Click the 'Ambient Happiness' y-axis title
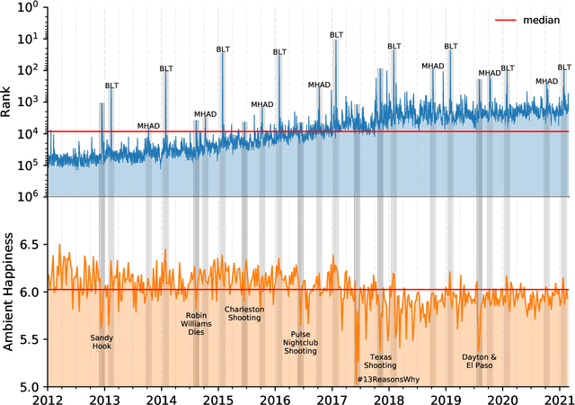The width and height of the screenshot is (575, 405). click(11, 292)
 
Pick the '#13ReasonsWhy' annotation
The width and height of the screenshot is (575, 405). click(385, 379)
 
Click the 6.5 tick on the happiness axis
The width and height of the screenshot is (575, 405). click(31, 245)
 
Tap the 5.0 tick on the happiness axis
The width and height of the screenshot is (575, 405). click(31, 387)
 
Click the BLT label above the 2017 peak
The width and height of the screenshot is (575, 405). click(335, 32)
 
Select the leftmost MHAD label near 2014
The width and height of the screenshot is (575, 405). click(149, 126)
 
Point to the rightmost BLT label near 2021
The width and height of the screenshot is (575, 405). click(564, 67)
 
